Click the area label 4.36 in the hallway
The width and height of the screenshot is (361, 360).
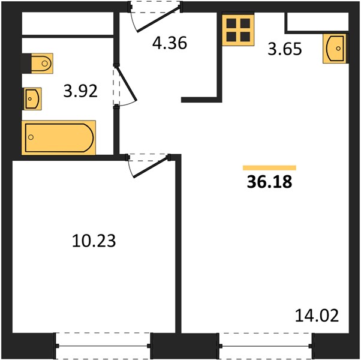click(x=170, y=43)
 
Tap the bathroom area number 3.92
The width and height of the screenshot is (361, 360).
click(x=80, y=91)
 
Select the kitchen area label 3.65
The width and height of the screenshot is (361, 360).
click(x=285, y=49)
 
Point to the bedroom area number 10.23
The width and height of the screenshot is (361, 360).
click(x=94, y=241)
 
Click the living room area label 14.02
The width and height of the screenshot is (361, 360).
click(x=317, y=316)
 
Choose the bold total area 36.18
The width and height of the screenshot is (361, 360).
click(x=269, y=182)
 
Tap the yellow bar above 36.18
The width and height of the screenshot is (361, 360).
click(x=269, y=167)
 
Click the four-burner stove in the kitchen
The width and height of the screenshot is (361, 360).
click(x=238, y=30)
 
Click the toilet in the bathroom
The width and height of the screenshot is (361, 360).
click(x=42, y=64)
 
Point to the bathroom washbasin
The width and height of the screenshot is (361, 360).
click(x=32, y=99)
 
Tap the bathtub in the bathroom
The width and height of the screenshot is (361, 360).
click(x=59, y=137)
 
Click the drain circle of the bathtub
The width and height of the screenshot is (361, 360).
click(x=31, y=137)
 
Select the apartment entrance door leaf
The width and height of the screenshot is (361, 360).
click(x=158, y=19)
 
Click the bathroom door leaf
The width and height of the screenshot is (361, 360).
click(x=127, y=84)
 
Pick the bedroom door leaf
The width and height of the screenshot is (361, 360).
click(x=151, y=167)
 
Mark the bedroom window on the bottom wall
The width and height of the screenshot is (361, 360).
click(x=103, y=346)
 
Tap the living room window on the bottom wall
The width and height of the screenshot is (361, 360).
click(x=266, y=346)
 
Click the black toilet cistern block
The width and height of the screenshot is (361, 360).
click(x=26, y=64)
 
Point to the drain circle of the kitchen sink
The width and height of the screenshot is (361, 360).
click(x=338, y=49)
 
